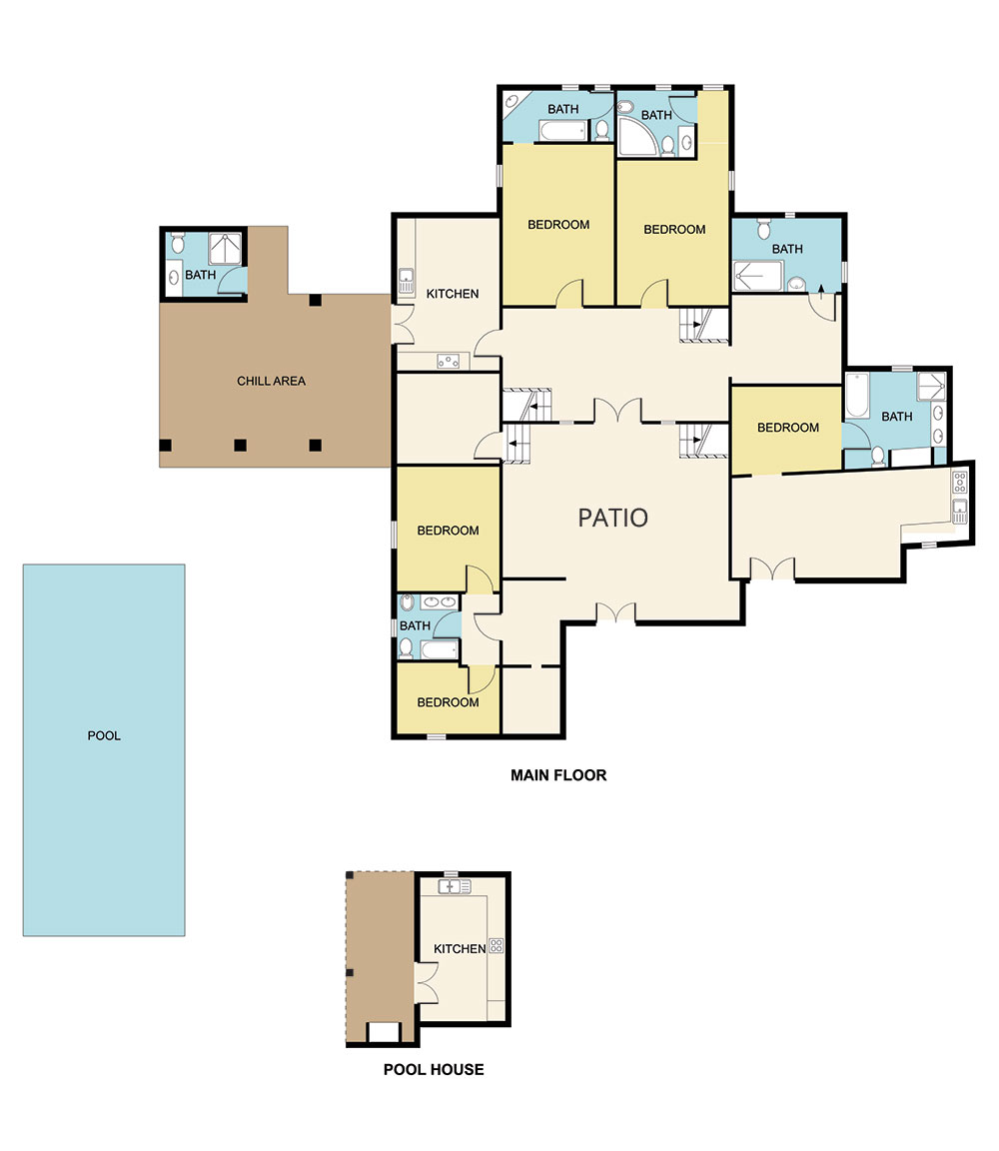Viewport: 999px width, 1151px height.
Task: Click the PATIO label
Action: [613, 518]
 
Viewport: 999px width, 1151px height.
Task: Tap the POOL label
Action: [104, 736]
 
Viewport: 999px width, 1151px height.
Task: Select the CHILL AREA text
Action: [271, 381]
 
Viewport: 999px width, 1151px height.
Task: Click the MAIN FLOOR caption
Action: [558, 774]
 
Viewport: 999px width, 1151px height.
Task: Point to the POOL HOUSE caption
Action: [434, 1069]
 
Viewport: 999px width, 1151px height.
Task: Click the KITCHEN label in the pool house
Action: [460, 948]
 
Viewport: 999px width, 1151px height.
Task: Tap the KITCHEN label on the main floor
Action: [453, 294]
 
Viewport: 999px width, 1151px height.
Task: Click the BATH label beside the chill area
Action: [200, 275]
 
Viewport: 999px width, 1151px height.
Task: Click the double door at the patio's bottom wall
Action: [615, 613]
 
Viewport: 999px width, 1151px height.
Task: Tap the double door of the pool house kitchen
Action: [427, 984]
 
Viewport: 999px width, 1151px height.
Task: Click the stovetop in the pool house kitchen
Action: [496, 945]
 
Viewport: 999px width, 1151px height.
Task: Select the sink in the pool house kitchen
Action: [455, 886]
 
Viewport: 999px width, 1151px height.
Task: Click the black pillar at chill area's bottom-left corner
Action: [166, 445]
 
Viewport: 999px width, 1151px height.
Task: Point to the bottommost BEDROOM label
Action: [448, 702]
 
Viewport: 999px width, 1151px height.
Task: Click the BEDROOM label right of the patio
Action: [787, 428]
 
